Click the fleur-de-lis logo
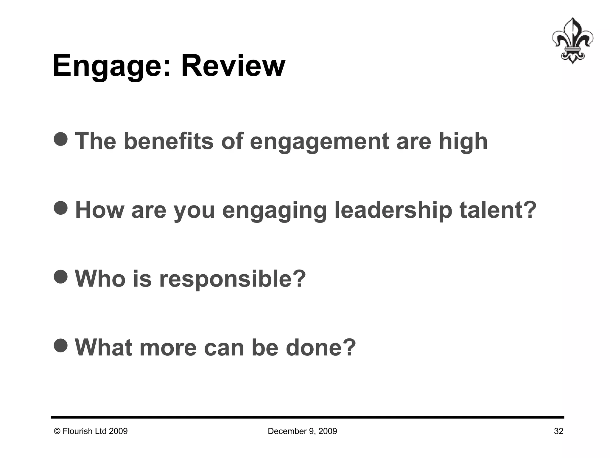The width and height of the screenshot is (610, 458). pyautogui.click(x=572, y=41)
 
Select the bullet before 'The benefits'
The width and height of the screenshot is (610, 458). pyautogui.click(x=61, y=139)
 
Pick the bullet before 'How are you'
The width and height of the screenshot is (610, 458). pyautogui.click(x=61, y=207)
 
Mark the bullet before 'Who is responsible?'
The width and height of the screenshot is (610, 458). pyautogui.click(x=61, y=276)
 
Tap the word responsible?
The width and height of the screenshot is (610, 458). pyautogui.click(x=233, y=279)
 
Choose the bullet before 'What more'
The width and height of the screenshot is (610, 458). pyautogui.click(x=61, y=345)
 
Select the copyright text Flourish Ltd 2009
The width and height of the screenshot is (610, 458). pyautogui.click(x=91, y=431)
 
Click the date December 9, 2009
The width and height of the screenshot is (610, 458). pyautogui.click(x=302, y=431)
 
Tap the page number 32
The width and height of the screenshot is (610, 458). pyautogui.click(x=558, y=431)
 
